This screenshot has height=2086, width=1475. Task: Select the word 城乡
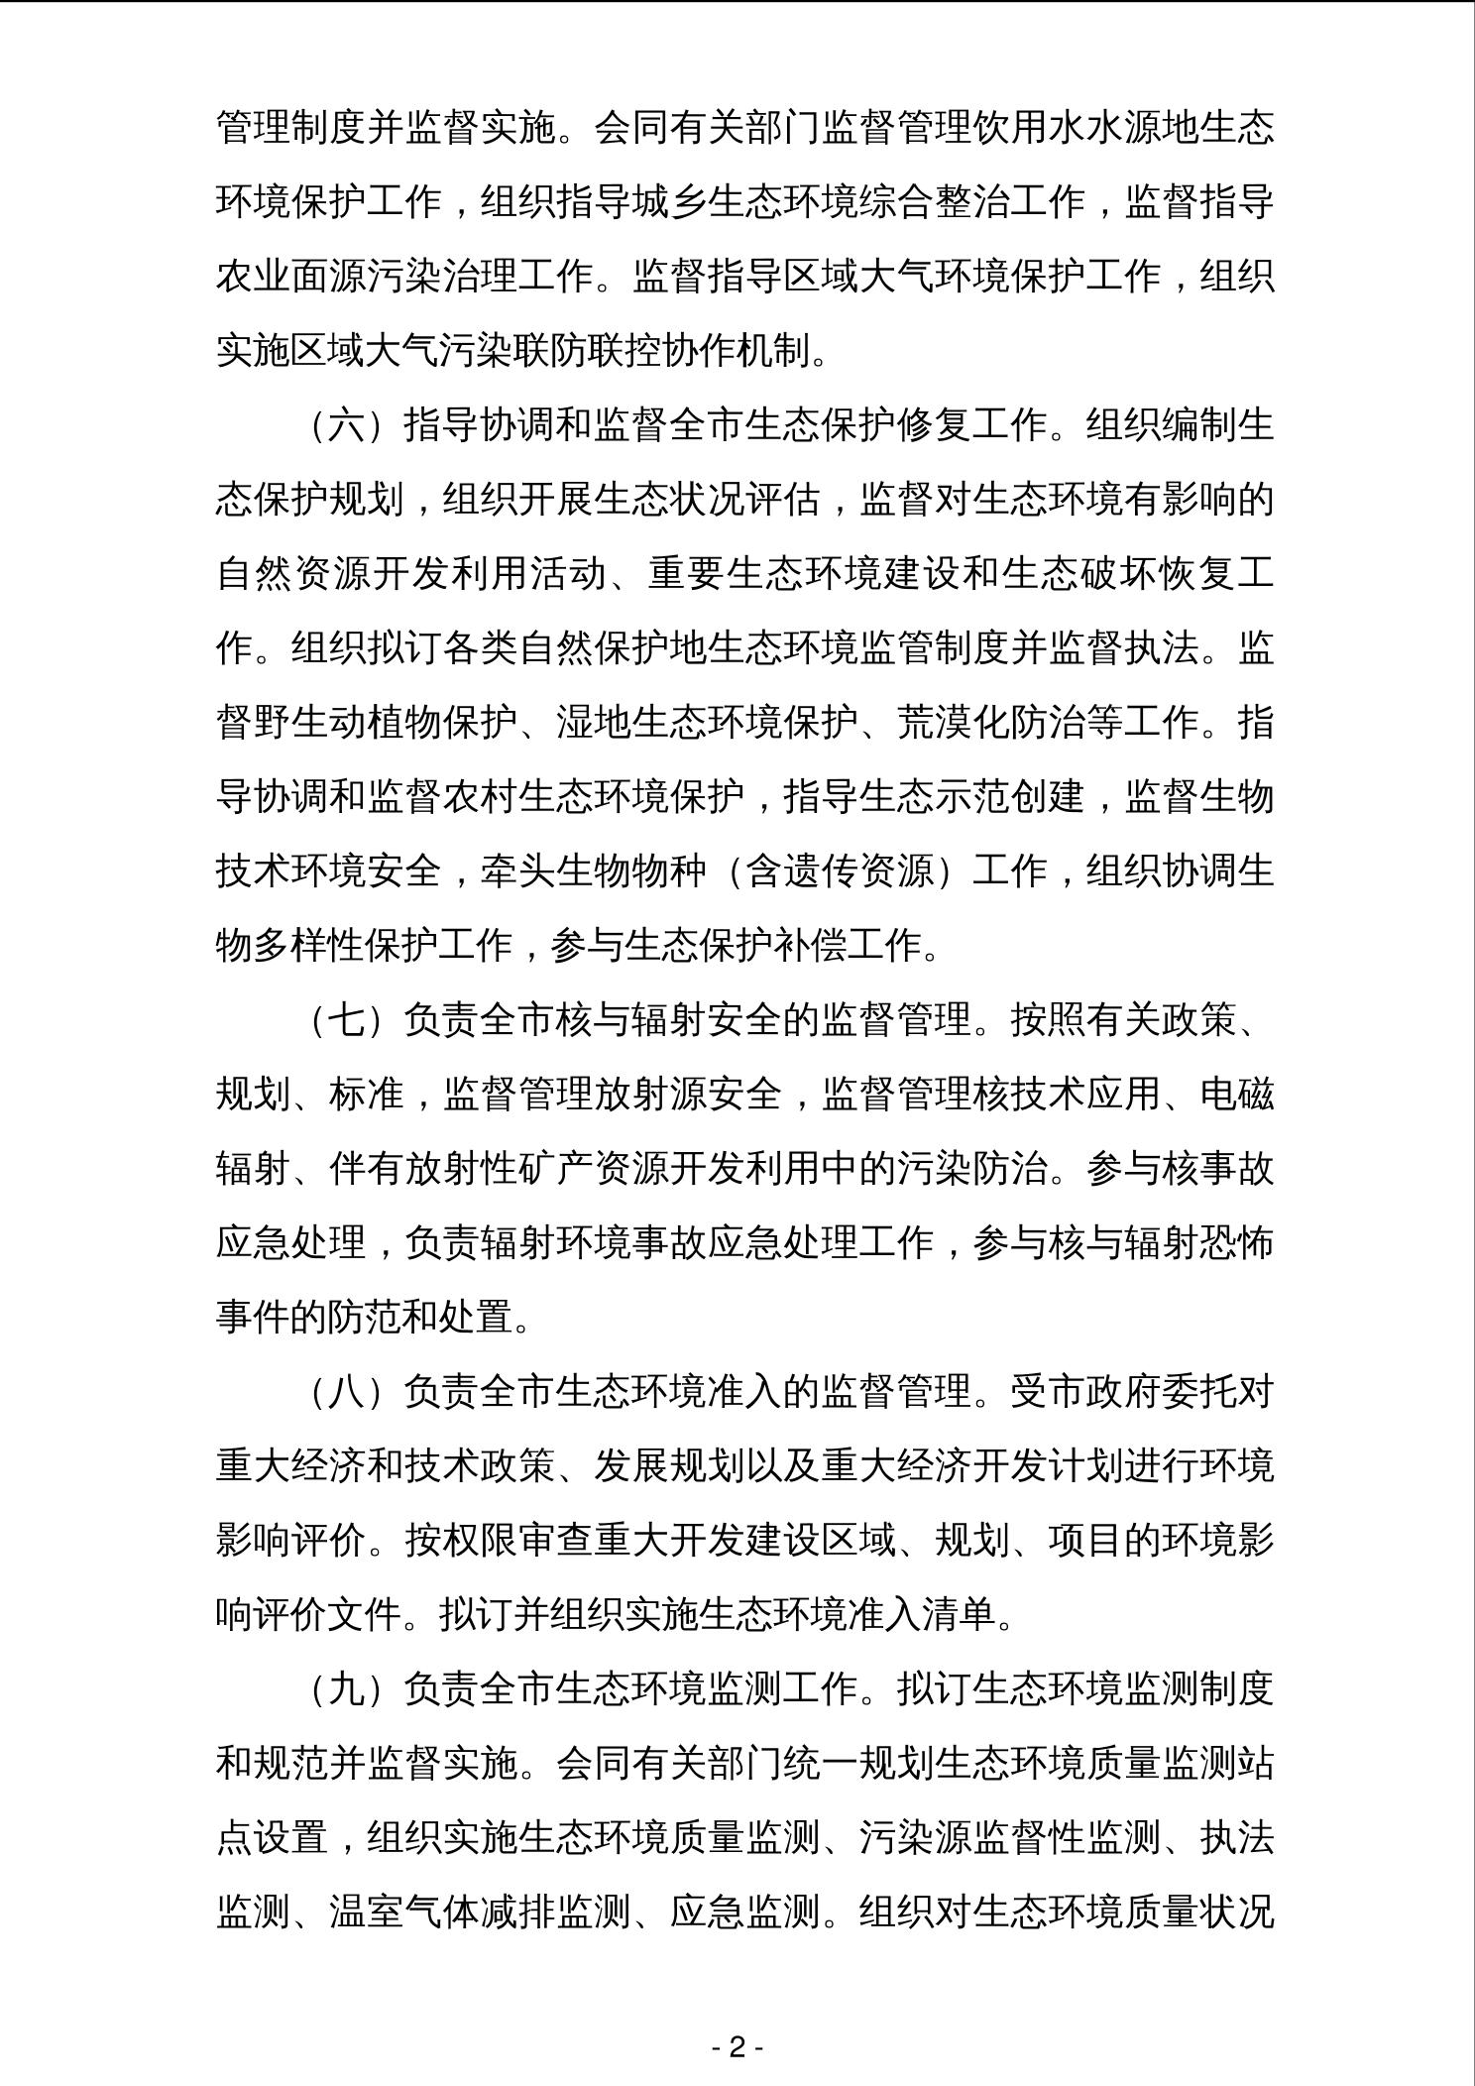tap(669, 202)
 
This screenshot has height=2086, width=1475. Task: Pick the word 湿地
tap(593, 723)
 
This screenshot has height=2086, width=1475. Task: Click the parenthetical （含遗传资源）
tap(839, 871)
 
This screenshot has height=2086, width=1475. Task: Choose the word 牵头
tap(517, 871)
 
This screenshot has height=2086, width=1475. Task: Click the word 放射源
tap(650, 1095)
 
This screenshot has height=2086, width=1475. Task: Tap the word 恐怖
tap(1237, 1243)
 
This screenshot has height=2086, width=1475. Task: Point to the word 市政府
tap(1085, 1392)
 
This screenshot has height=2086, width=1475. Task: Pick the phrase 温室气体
tap(404, 1912)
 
